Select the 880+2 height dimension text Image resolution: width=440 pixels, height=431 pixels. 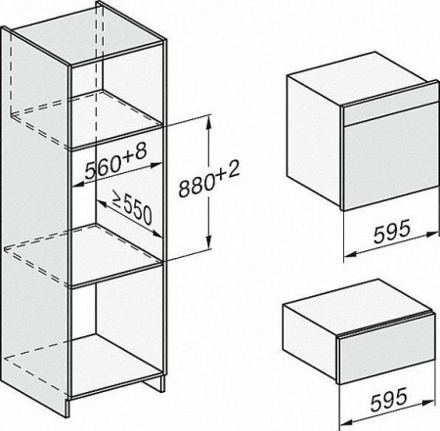click(209, 179)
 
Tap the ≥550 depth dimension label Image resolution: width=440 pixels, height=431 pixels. click(133, 207)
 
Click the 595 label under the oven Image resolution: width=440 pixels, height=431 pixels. click(391, 232)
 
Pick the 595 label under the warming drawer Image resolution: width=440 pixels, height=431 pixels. click(389, 399)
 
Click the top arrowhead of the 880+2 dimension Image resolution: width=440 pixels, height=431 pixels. click(209, 122)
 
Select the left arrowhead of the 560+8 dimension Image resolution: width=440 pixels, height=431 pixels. click(77, 185)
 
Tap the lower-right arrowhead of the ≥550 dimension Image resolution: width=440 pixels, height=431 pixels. click(156, 234)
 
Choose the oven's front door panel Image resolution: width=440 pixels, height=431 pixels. click(391, 157)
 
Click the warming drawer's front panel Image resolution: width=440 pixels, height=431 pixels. click(387, 349)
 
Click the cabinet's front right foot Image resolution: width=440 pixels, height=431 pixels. click(162, 384)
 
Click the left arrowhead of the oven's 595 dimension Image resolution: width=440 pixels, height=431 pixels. click(350, 254)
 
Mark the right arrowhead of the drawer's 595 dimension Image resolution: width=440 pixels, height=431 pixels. click(428, 403)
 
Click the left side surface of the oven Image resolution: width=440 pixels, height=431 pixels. click(314, 141)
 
